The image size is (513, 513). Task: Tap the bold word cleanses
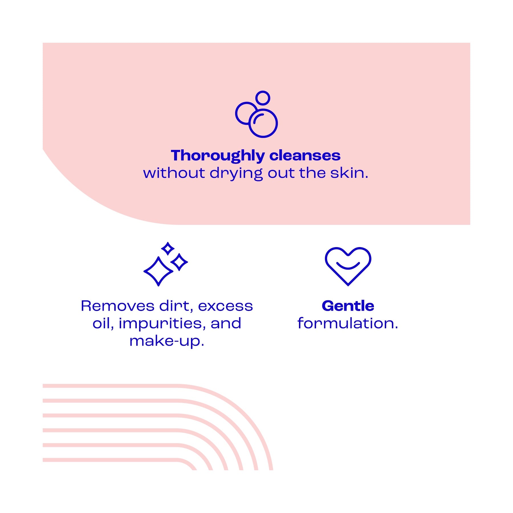[305, 156]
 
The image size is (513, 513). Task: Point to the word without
[174, 173]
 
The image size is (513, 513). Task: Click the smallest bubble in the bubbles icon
[262, 98]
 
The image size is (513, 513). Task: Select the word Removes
[117, 306]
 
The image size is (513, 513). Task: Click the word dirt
[176, 306]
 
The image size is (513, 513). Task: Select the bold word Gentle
[348, 306]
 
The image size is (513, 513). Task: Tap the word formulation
[348, 323]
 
